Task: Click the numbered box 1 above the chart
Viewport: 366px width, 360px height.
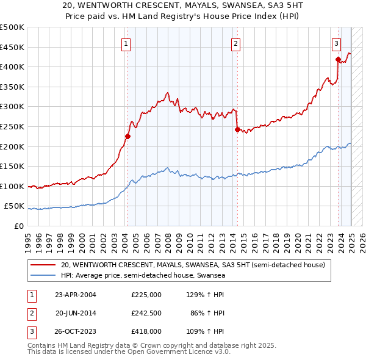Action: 126,43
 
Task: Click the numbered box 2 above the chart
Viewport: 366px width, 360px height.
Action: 235,43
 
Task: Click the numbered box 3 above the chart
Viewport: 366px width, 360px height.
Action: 336,43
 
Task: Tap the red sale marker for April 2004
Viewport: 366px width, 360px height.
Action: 127,136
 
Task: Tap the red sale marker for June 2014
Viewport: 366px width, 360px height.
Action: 237,129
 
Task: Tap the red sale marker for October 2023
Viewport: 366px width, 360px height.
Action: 338,59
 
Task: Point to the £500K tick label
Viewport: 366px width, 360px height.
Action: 12,27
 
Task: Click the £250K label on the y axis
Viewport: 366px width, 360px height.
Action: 12,126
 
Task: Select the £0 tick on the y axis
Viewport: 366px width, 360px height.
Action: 20,226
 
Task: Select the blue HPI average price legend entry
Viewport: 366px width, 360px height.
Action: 143,276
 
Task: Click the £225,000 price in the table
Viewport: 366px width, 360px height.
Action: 146,295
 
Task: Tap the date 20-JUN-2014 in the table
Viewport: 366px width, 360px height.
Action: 76,313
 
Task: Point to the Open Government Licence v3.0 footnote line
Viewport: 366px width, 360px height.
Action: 129,352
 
